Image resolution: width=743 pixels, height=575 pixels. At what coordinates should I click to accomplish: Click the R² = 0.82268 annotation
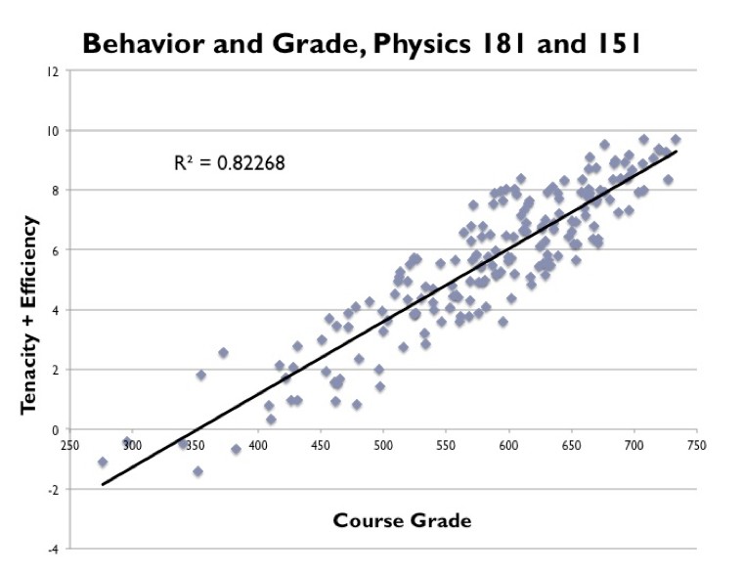pos(229,164)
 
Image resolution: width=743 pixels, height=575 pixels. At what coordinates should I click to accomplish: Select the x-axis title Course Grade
pos(402,520)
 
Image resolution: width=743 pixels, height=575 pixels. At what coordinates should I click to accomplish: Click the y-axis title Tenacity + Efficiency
pos(30,315)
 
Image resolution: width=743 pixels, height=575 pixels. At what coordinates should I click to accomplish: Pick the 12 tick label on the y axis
pos(52,71)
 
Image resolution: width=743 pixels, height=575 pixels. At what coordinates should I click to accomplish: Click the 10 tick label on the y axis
pos(52,131)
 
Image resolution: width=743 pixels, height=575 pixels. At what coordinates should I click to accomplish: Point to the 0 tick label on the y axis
pos(56,429)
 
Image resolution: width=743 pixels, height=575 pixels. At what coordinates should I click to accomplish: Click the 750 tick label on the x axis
pos(696,445)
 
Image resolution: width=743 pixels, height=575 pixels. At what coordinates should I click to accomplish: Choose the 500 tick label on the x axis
pos(383,445)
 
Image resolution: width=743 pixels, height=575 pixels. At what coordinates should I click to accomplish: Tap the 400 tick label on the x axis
pos(258,445)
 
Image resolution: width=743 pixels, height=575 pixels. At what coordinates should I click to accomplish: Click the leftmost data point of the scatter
pos(103,462)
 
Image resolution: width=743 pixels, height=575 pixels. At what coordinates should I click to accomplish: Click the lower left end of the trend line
pos(103,484)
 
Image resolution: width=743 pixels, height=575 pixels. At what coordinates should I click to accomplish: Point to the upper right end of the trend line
pos(676,151)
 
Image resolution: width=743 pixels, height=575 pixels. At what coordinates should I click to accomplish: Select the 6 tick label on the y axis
pos(56,250)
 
